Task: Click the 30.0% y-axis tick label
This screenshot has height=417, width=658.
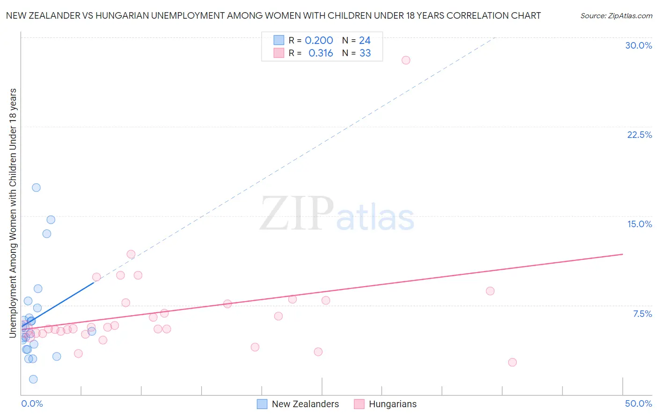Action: [638, 45]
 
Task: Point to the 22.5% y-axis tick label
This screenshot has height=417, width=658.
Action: [639, 135]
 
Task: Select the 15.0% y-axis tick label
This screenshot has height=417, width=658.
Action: [639, 224]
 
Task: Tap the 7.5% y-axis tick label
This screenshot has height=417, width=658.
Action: [642, 314]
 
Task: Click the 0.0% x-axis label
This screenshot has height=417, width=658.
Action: [32, 403]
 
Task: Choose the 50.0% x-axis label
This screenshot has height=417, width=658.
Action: [638, 403]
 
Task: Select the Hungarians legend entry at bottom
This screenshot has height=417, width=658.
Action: [385, 404]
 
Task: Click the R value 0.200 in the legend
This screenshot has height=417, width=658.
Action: [319, 41]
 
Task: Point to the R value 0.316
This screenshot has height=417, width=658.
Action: [321, 53]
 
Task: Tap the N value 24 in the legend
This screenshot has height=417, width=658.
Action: [365, 41]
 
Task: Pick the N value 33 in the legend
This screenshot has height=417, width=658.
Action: [365, 53]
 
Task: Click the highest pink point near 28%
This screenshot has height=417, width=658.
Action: [406, 60]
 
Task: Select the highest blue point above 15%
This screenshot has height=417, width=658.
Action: [36, 187]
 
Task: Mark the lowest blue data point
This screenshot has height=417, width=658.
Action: [33, 379]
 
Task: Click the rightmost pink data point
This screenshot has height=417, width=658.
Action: [512, 362]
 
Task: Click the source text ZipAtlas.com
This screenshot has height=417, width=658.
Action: [616, 16]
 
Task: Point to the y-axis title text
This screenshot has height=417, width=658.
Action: [13, 213]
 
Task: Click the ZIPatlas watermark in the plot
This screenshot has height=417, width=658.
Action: [337, 214]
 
